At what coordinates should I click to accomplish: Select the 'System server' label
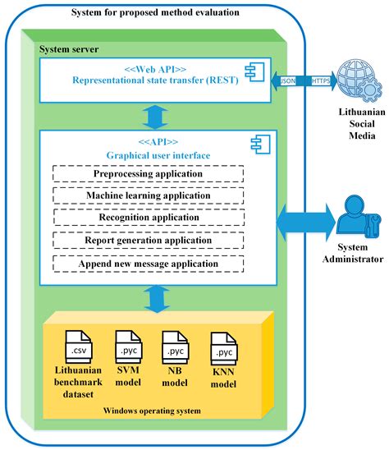tap(70, 49)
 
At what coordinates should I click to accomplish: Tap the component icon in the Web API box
tap(259, 71)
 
